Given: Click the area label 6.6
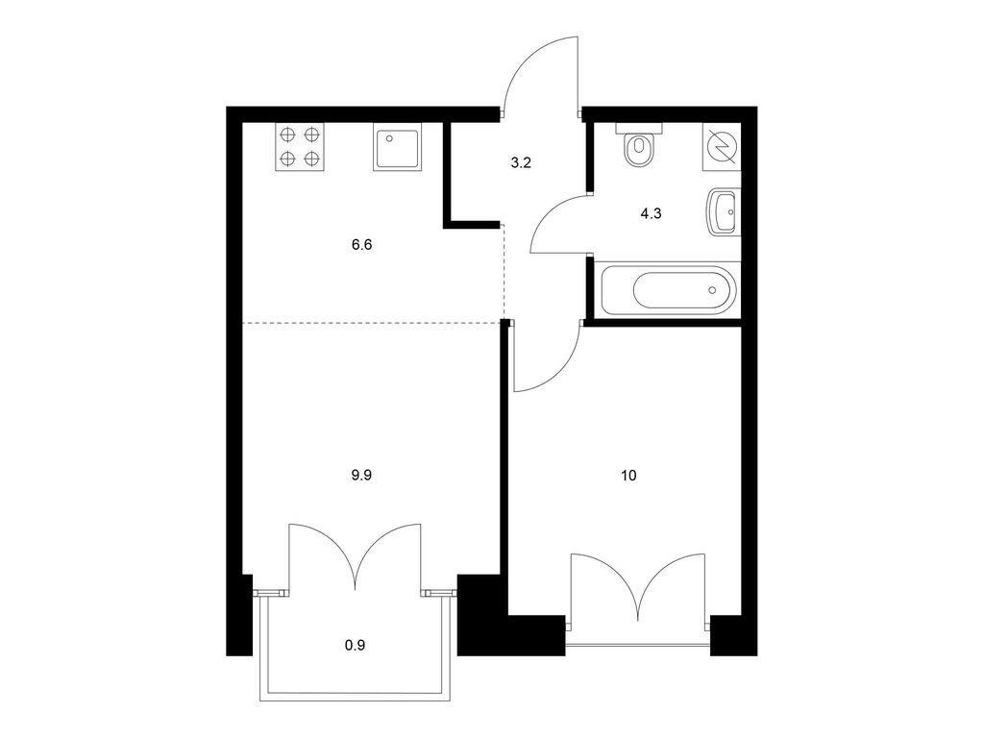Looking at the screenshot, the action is pyautogui.click(x=361, y=245).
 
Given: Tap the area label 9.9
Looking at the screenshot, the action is pyautogui.click(x=361, y=476).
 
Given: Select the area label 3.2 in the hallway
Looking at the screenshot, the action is pyautogui.click(x=521, y=163).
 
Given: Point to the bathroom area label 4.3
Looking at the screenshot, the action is pyautogui.click(x=651, y=214).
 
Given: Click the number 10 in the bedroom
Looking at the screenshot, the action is pyautogui.click(x=628, y=476).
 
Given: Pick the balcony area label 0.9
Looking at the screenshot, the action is pyautogui.click(x=356, y=645).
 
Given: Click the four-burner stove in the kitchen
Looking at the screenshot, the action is pyautogui.click(x=300, y=147).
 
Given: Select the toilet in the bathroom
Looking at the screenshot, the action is pyautogui.click(x=639, y=145).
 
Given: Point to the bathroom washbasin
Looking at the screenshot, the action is pyautogui.click(x=724, y=212).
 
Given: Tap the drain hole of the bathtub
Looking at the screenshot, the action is pyautogui.click(x=712, y=290).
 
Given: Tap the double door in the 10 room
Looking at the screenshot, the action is pyautogui.click(x=638, y=587).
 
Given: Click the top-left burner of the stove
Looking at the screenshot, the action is pyautogui.click(x=288, y=135).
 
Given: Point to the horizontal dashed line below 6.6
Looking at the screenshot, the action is pyautogui.click(x=372, y=323).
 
